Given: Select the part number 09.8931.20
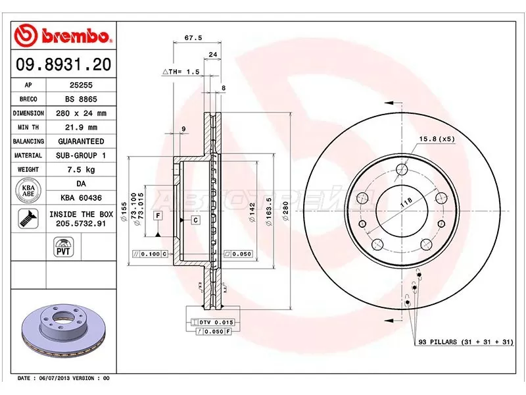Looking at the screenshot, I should (x=63, y=65).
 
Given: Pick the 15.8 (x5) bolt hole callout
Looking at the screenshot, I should (x=437, y=138).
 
